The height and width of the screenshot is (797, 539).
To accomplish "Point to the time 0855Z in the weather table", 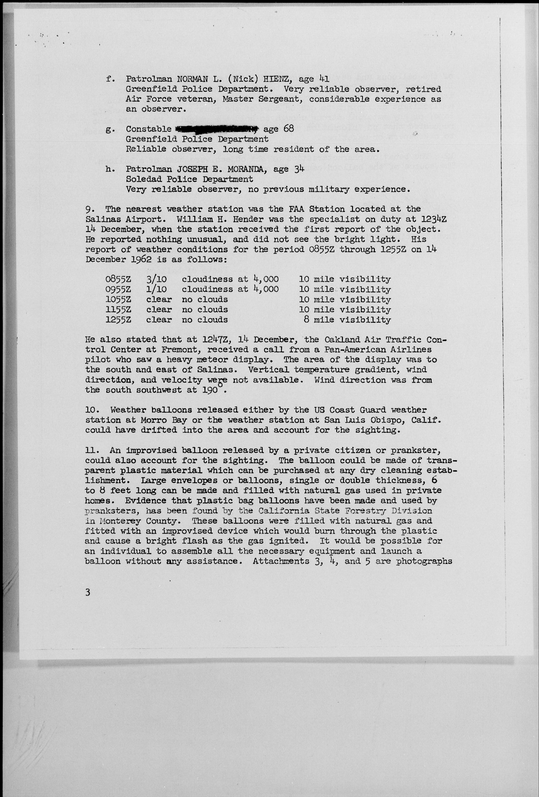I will coord(118,280).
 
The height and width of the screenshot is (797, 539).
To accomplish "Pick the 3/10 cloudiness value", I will coord(156,280).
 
